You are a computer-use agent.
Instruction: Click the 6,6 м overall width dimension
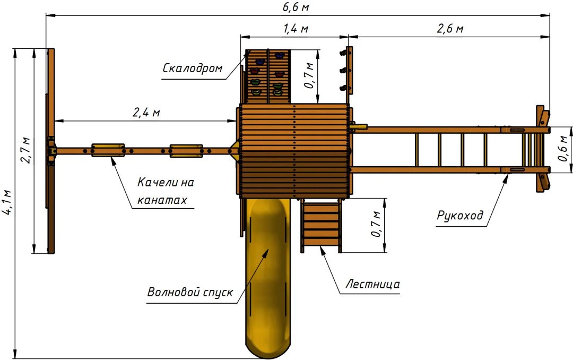point(296,7)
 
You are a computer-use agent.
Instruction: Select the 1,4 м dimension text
point(296,29)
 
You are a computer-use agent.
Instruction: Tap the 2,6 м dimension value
point(450,29)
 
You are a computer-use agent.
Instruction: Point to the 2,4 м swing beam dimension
point(146,113)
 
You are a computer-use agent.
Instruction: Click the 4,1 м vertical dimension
point(8,207)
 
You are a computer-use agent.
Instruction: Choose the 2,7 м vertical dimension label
point(25,150)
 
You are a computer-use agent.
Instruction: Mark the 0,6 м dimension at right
point(563,149)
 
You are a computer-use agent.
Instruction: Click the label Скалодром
point(192,68)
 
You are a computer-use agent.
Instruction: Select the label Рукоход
point(460,216)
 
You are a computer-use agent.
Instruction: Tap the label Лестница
point(372,284)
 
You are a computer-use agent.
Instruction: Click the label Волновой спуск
point(189,292)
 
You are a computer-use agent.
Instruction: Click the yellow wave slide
point(268,278)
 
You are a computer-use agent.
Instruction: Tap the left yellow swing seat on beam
point(108,150)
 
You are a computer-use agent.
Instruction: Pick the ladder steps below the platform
point(321,224)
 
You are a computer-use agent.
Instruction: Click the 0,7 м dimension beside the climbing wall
point(309,76)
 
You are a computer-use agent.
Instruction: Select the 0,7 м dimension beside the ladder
point(376,224)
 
